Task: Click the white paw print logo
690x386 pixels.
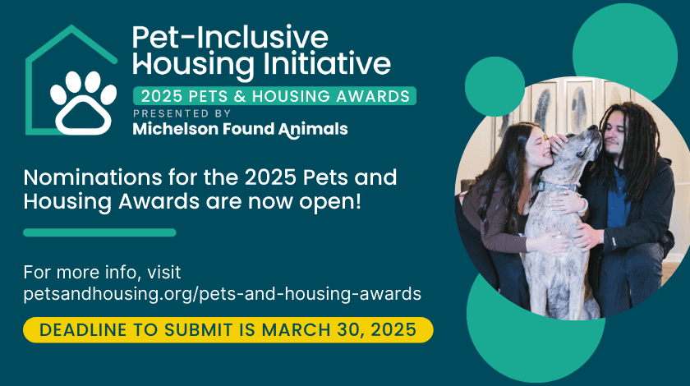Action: (83, 103)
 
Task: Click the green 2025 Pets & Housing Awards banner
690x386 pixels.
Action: (275, 96)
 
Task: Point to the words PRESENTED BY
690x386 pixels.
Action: (182, 113)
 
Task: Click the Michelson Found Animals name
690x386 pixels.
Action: (240, 130)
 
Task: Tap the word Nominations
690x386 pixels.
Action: (93, 177)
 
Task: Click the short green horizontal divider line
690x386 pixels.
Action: (100, 232)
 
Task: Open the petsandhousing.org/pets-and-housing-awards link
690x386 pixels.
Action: (223, 293)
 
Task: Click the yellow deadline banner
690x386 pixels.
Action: (228, 329)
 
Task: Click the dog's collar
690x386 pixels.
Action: (556, 186)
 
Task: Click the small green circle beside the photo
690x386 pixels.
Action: (494, 87)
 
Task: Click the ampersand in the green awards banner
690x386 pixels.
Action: (240, 96)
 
